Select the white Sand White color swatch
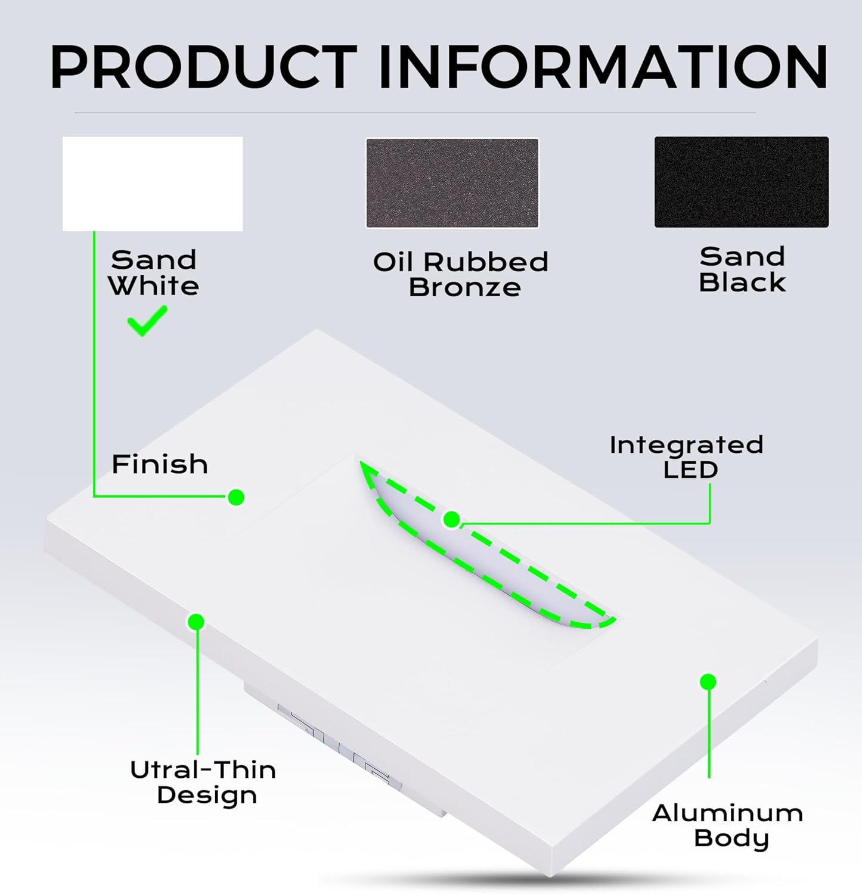click(x=153, y=184)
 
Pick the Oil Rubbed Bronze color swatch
click(x=452, y=183)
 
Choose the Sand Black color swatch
click(x=741, y=182)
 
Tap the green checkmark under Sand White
click(x=147, y=321)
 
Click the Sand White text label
click(x=153, y=273)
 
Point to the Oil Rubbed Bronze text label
click(x=460, y=275)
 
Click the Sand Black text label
click(x=742, y=269)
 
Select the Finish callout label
click(x=160, y=464)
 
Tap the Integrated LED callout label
click(x=687, y=457)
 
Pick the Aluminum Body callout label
click(x=728, y=825)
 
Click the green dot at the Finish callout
click(x=236, y=497)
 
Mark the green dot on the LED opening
click(x=452, y=520)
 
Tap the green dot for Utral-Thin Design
click(x=196, y=622)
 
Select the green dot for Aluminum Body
click(x=708, y=682)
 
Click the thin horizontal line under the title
click(x=415, y=113)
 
